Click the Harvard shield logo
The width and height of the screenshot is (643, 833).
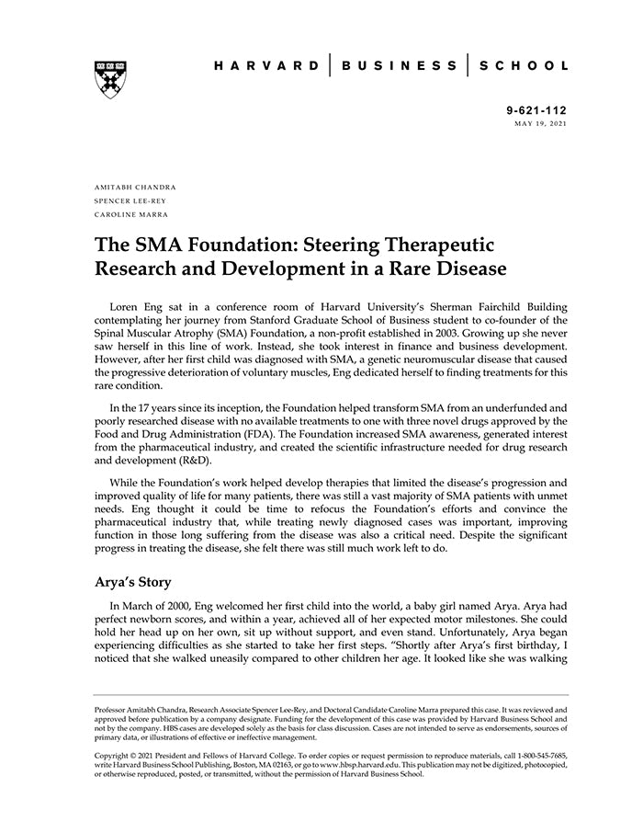pyautogui.click(x=109, y=79)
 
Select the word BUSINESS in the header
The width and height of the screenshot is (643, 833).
pyautogui.click(x=400, y=66)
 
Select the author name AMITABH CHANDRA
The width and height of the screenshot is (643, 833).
pyautogui.click(x=136, y=187)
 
